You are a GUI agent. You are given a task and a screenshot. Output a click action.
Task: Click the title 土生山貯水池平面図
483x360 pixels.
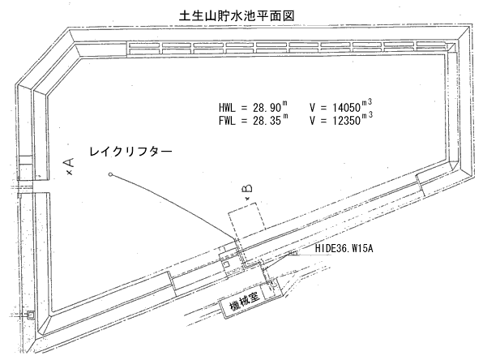[237, 15]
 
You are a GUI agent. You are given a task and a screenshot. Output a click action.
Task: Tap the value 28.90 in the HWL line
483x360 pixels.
[267, 108]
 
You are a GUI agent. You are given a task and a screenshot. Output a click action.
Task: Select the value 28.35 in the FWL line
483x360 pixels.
[267, 121]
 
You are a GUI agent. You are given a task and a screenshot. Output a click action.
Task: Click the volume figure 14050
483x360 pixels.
[346, 108]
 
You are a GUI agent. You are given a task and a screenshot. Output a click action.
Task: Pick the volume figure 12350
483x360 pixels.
[346, 121]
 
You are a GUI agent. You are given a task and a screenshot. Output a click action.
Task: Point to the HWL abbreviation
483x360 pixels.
[227, 108]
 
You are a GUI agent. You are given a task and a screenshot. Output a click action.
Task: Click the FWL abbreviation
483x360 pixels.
[227, 121]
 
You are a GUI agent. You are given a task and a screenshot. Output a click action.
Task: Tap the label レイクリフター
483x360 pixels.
[130, 152]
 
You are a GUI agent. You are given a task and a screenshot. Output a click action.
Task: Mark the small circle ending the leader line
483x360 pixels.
[110, 175]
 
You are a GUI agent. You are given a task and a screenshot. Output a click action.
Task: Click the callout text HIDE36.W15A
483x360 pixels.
[344, 248]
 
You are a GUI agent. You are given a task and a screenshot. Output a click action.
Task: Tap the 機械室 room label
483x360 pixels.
[246, 302]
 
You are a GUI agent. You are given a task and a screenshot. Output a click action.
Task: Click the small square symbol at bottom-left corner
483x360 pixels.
[31, 315]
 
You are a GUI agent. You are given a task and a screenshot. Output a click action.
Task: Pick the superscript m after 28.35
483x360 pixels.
[285, 116]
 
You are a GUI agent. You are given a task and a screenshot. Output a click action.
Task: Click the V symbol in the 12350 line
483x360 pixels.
[312, 121]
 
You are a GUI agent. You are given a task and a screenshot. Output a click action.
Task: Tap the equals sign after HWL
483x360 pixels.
[244, 108]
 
